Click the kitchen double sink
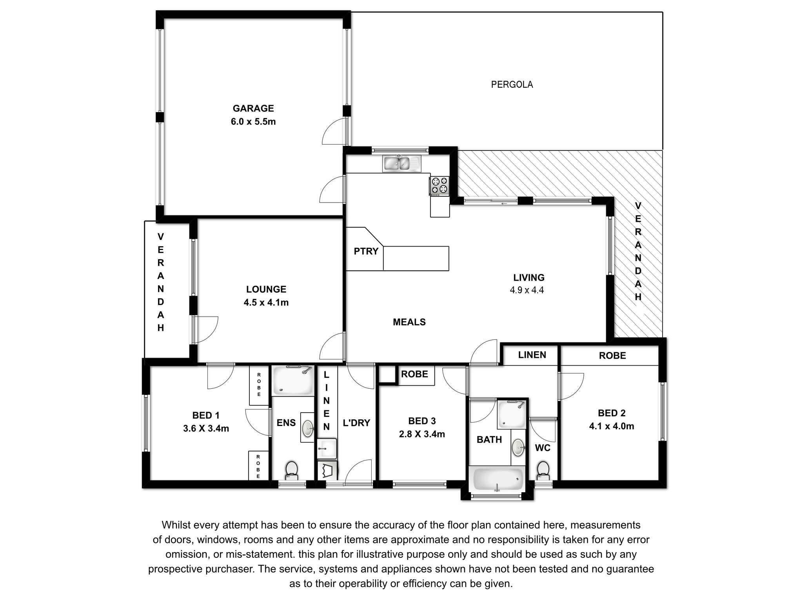401,163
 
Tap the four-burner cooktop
439,186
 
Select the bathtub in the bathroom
498,479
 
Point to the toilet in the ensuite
291,470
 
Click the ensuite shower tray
293,380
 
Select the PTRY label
366,251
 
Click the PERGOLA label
512,84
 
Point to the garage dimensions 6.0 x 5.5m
253,121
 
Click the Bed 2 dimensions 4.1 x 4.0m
611,426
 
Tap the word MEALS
409,322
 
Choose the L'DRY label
356,423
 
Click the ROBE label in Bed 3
414,374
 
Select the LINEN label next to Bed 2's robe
532,355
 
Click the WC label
543,448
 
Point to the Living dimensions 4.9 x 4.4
527,290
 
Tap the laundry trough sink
327,448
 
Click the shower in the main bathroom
511,414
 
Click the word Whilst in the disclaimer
176,525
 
